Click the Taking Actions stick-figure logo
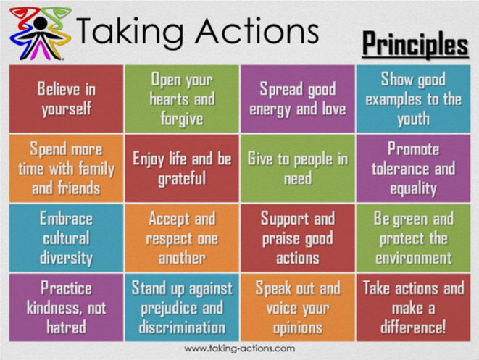40,33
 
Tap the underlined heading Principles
415,45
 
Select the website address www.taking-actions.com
239,348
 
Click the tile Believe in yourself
66,99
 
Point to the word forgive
182,119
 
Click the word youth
414,119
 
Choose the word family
96,169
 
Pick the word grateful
182,179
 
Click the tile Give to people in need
298,168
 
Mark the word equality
414,189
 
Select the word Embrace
66,219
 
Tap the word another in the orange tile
182,259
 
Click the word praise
279,239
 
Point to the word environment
414,259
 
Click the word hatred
66,327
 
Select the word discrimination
182,327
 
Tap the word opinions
298,328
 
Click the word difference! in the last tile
414,327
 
